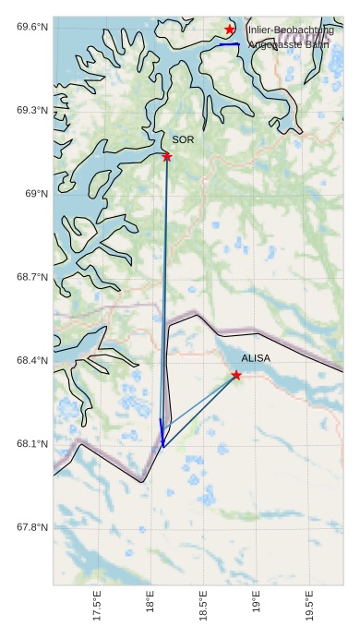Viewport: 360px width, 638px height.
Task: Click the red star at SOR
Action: [167, 157]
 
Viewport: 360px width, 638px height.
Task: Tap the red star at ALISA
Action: [236, 375]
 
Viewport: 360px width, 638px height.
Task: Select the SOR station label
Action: [183, 139]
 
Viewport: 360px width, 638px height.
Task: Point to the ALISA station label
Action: [256, 357]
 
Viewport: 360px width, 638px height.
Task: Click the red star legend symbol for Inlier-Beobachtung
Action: [229, 30]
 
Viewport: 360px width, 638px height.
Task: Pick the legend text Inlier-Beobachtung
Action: [290, 30]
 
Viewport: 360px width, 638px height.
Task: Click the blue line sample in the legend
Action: [229, 44]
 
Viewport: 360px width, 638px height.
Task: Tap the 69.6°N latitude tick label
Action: [32, 27]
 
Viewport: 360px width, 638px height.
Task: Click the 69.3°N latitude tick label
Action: [32, 110]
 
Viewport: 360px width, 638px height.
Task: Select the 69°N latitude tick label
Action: [36, 193]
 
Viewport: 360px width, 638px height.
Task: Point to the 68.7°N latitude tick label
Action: [32, 277]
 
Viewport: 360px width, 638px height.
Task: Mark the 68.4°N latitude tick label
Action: [32, 360]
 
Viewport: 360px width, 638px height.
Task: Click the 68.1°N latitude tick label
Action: [32, 444]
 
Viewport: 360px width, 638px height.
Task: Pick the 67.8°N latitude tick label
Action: [32, 527]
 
